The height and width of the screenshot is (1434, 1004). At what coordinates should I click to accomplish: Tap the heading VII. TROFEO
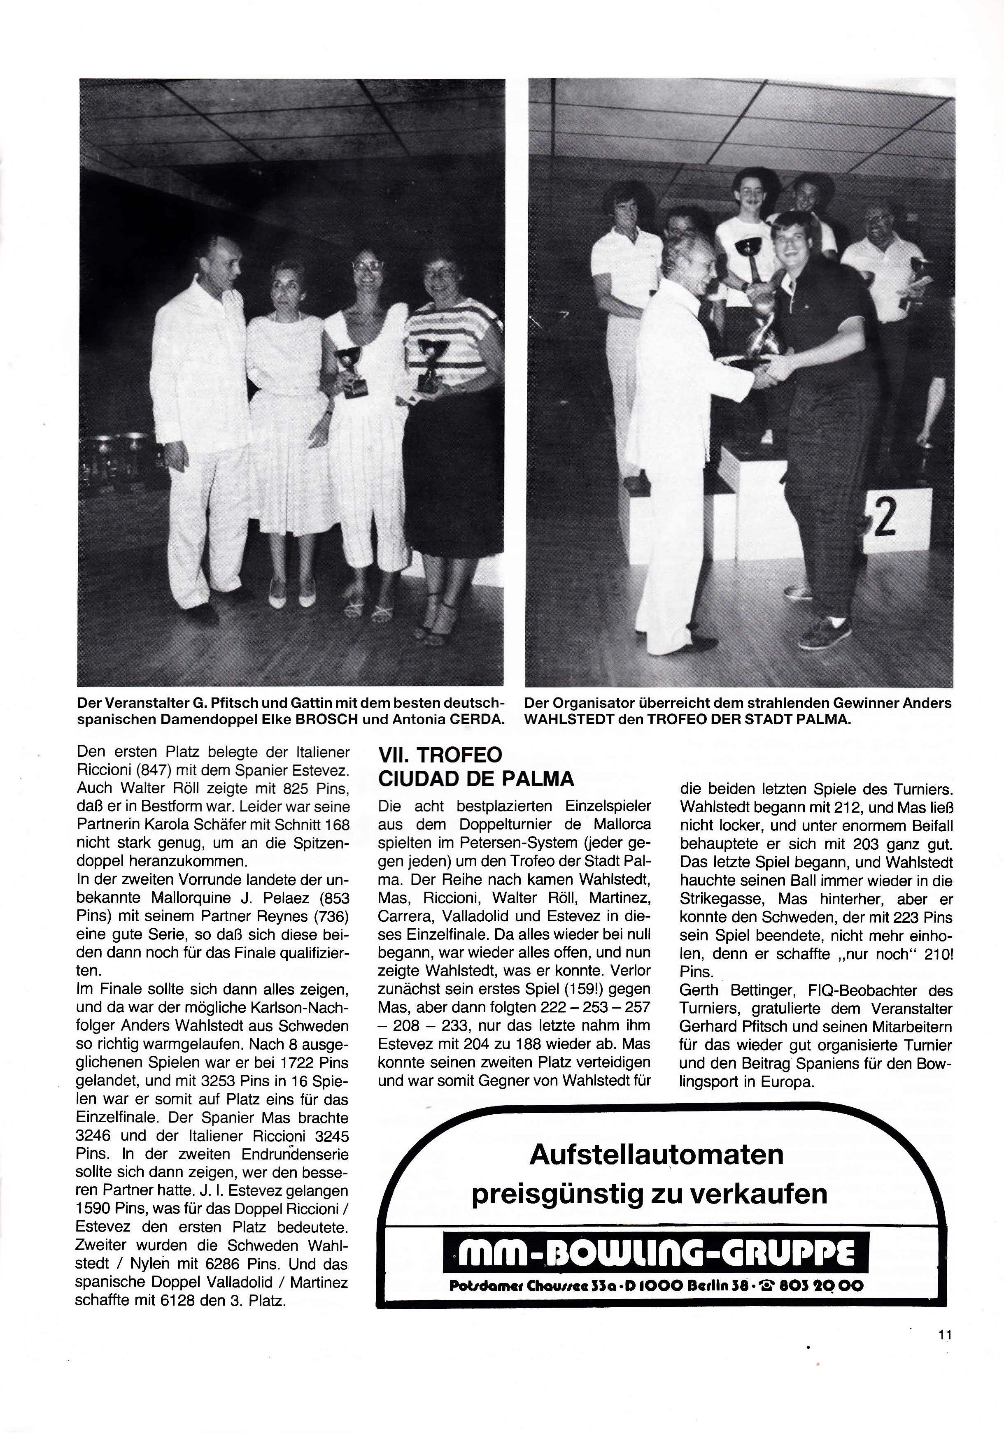coord(440,755)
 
